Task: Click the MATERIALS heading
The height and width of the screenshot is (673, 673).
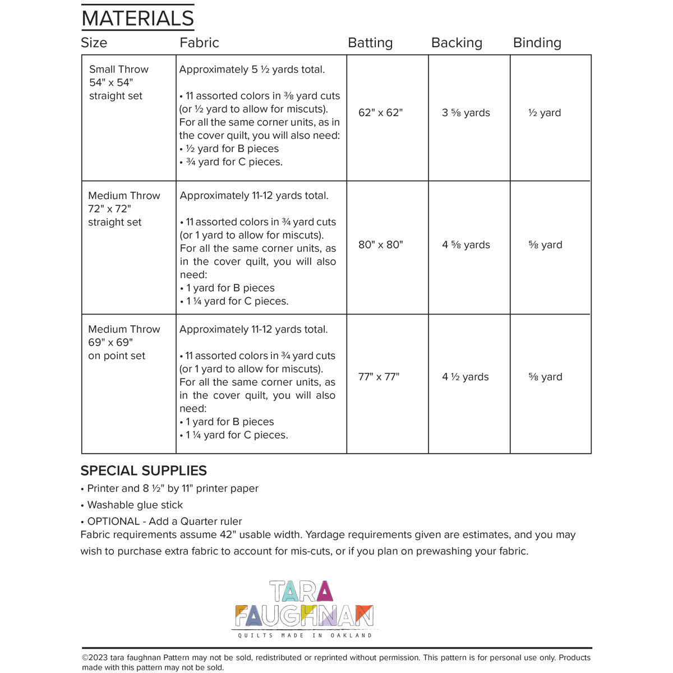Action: click(138, 19)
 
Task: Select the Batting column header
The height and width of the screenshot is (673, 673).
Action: click(370, 43)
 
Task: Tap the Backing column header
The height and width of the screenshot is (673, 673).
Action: click(457, 43)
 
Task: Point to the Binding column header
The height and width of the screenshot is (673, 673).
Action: click(537, 43)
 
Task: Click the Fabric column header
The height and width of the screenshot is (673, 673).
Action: click(199, 43)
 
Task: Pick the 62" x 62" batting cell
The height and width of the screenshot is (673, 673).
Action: click(380, 113)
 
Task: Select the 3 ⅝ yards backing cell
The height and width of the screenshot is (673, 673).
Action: click(465, 113)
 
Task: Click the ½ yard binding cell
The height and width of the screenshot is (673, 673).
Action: click(545, 113)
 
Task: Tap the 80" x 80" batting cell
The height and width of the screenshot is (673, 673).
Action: click(380, 245)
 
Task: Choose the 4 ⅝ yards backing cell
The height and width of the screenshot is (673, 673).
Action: click(465, 245)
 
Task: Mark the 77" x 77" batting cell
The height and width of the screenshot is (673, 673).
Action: click(379, 377)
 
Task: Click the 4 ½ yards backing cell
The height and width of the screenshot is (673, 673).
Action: click(465, 377)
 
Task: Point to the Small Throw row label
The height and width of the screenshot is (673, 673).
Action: click(119, 70)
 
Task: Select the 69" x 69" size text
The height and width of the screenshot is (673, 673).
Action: click(110, 343)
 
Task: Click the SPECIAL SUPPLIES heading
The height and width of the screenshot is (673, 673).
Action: click(144, 471)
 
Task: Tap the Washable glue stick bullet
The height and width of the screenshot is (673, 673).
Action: click(135, 505)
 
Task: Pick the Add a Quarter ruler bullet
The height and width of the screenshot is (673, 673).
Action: click(164, 521)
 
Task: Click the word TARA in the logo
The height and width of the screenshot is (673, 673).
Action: click(301, 592)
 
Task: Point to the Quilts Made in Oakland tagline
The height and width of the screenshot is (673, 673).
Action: click(305, 635)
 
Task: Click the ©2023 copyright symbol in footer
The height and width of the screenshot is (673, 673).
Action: click(85, 658)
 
